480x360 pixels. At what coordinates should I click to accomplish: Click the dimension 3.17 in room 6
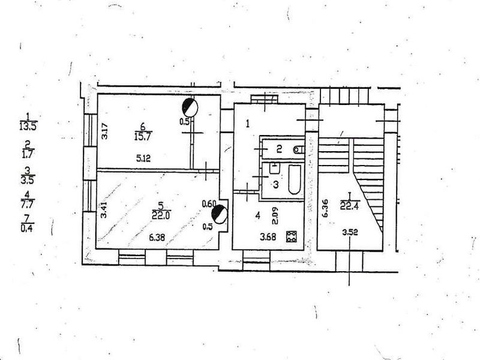coord(104,131)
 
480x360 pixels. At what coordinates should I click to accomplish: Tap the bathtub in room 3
coord(294,180)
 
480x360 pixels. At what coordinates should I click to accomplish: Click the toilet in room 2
coord(298,149)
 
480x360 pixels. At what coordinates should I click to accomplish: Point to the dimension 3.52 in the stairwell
coord(350,233)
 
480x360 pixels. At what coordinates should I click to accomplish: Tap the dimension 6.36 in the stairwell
coord(325,208)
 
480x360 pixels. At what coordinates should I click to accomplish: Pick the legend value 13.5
coord(28,127)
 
